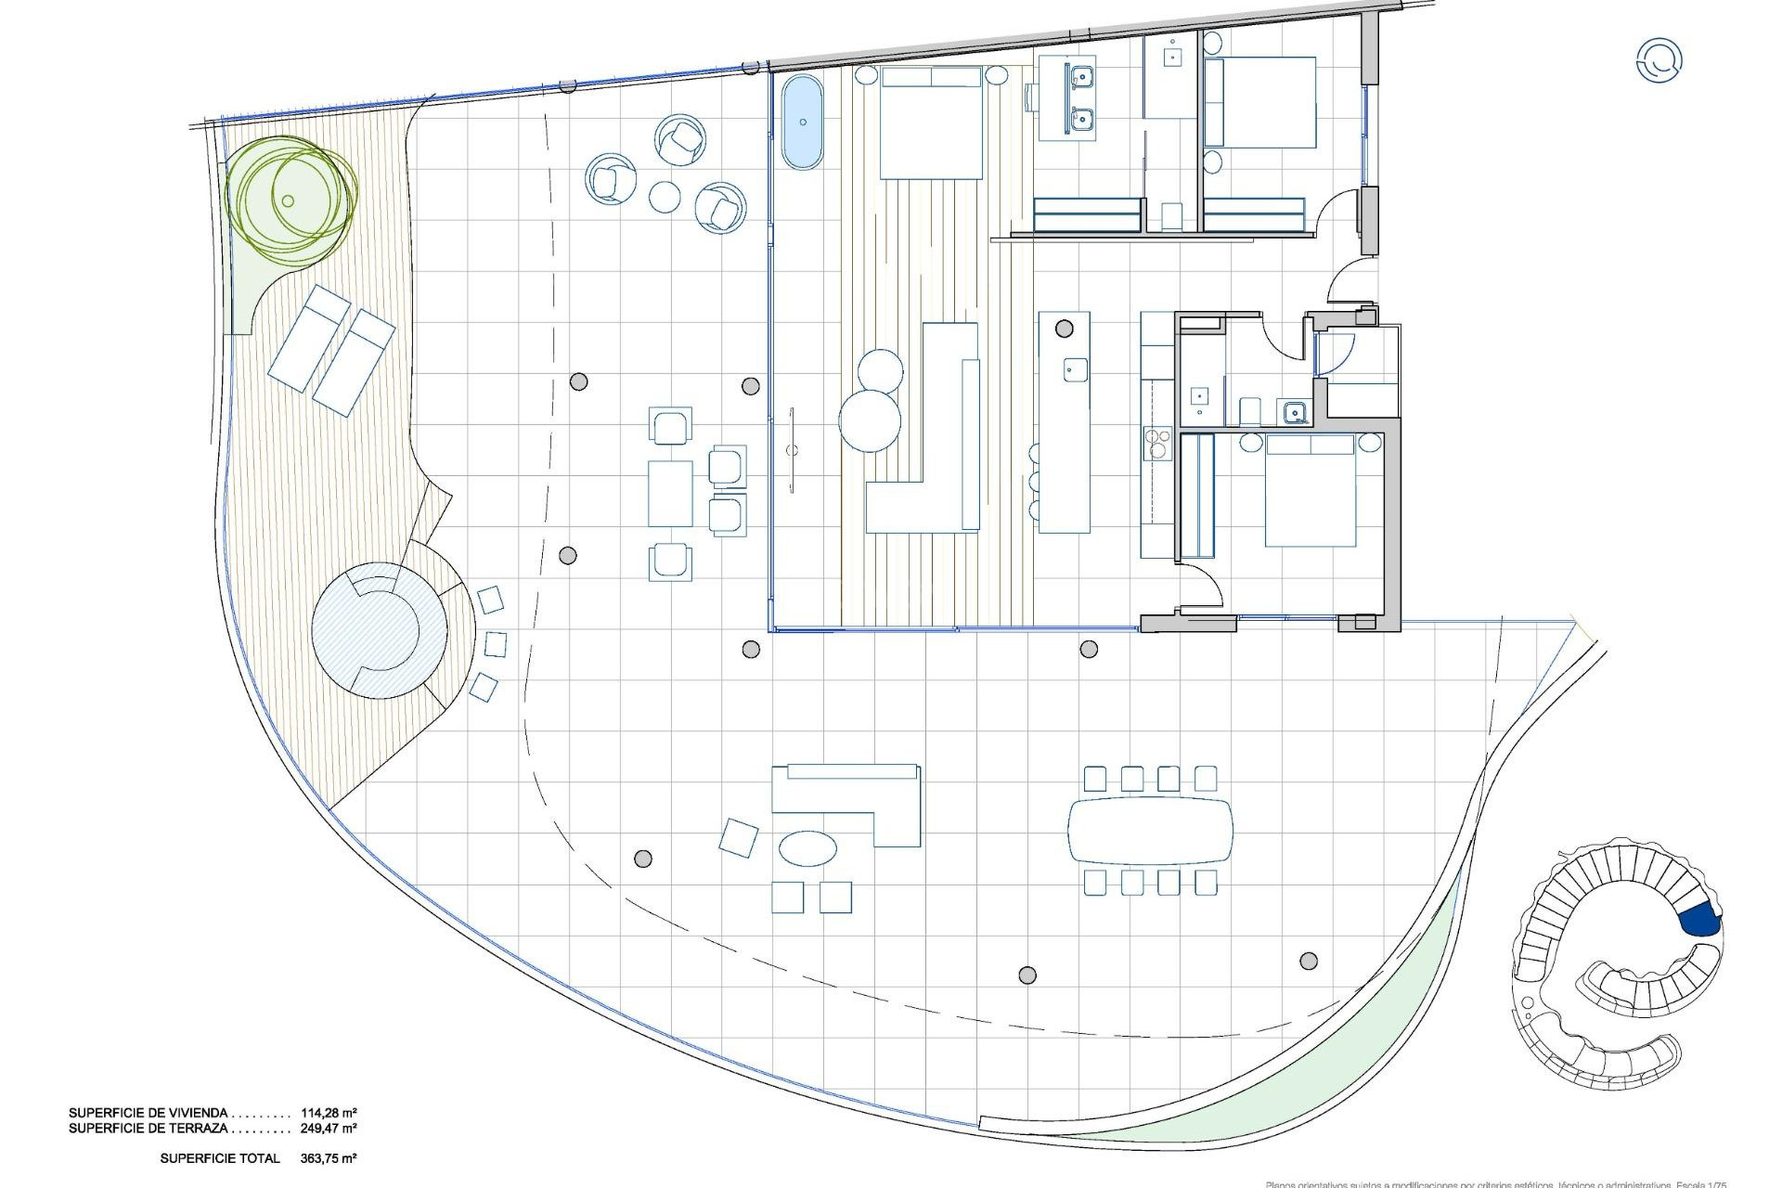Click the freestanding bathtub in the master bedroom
[802, 123]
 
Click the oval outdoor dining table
[1151, 831]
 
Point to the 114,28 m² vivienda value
[329, 1112]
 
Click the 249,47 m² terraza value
[329, 1129]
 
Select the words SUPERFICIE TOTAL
[219, 1158]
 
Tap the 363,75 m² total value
[329, 1158]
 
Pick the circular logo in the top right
[1659, 60]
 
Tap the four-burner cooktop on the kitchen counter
[1157, 443]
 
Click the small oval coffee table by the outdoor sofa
[807, 847]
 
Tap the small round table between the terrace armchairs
[665, 196]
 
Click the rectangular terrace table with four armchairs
[670, 493]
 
